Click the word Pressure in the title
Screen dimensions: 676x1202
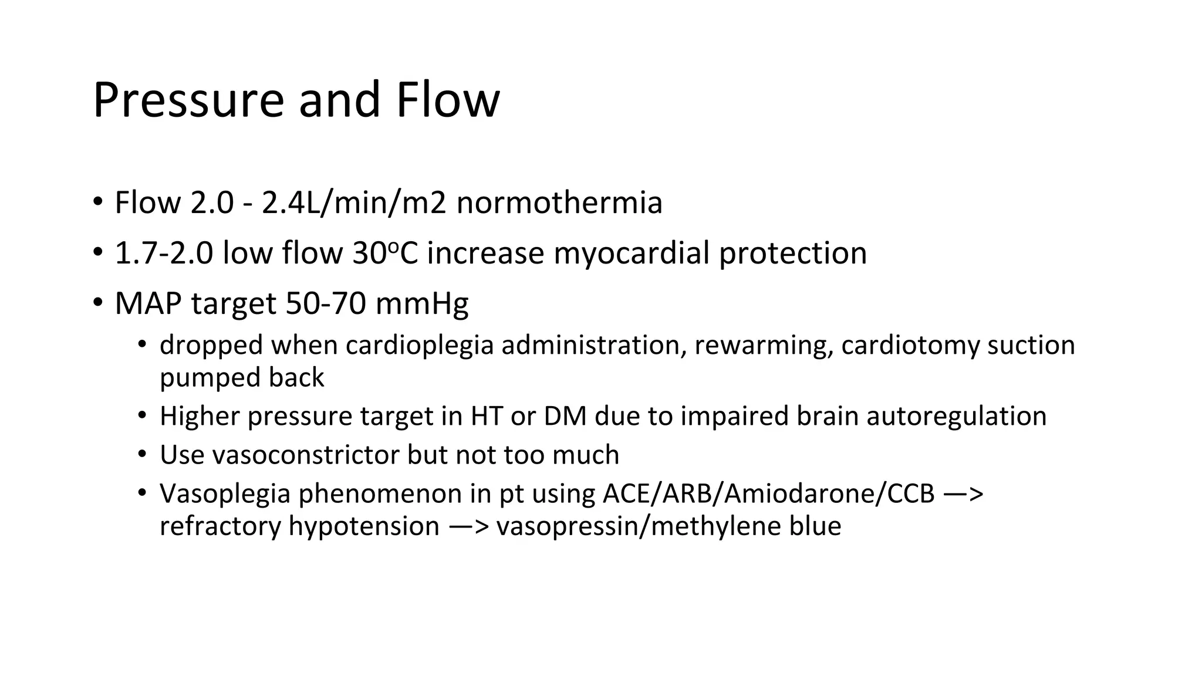(188, 100)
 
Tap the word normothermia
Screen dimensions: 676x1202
(559, 203)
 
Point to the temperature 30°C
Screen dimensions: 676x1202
(385, 253)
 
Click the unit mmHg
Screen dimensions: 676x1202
(421, 304)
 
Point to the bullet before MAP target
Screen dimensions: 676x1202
(97, 304)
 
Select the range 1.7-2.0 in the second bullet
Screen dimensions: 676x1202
(164, 253)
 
